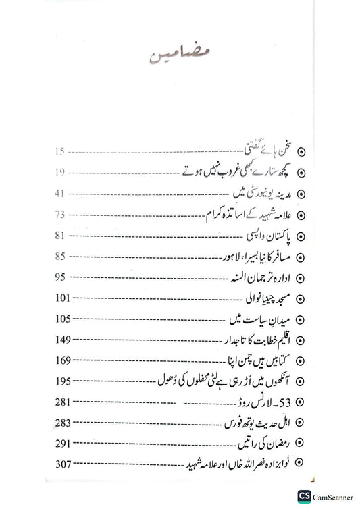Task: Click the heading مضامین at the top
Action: [x=180, y=57]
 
